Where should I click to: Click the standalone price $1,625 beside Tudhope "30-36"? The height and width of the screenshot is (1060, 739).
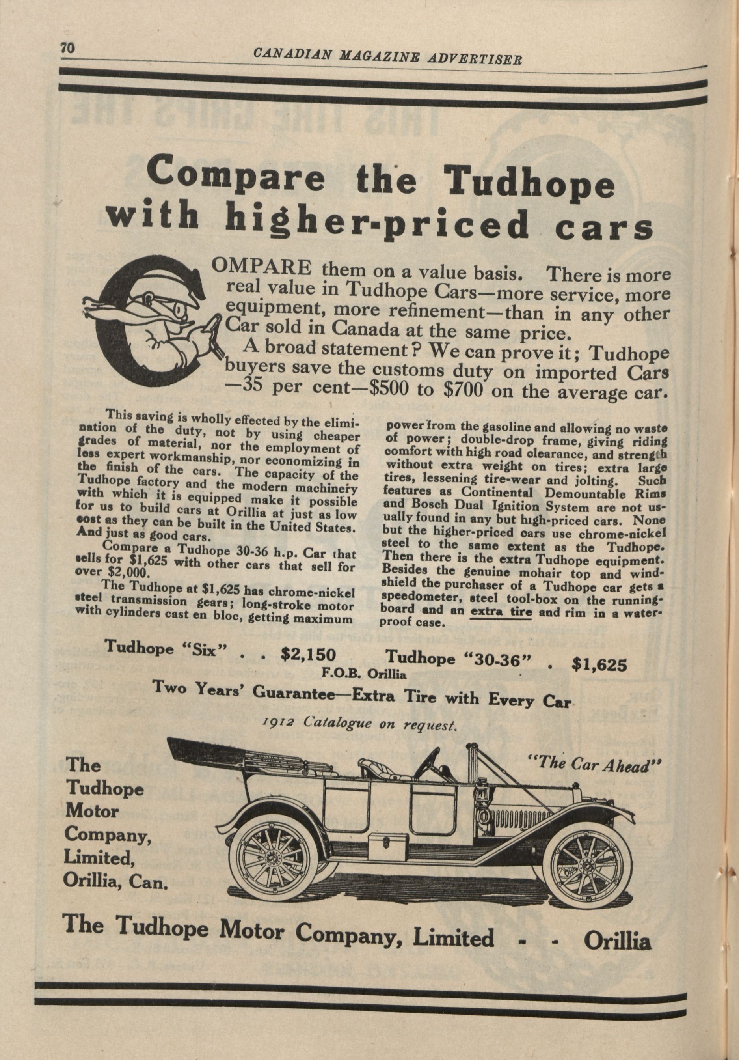click(599, 664)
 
